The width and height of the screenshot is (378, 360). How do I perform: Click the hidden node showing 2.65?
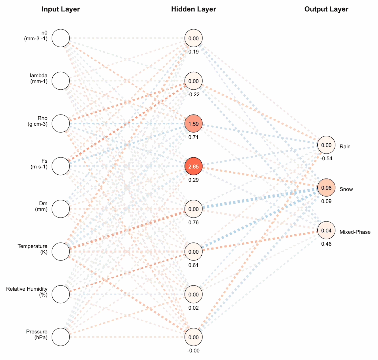point(193,166)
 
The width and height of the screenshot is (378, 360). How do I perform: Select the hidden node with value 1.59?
point(193,124)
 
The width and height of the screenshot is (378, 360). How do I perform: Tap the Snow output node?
point(326,188)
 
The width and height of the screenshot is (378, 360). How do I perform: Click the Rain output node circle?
point(326,145)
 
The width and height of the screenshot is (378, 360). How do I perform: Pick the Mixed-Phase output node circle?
point(326,231)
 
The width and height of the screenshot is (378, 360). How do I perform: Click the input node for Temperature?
point(61,251)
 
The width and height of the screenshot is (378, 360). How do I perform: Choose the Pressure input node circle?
point(61,337)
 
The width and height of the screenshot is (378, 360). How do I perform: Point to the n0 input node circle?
point(61,38)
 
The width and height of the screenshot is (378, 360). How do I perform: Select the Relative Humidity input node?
point(61,294)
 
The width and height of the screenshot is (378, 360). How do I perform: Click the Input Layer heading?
point(61,9)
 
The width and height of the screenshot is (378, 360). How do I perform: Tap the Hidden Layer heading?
point(193,9)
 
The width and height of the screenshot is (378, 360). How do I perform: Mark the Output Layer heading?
point(326,9)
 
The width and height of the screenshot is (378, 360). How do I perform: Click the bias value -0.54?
point(326,158)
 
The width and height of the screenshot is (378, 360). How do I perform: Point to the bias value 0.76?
point(193,222)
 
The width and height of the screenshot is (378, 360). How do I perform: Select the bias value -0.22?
point(193,94)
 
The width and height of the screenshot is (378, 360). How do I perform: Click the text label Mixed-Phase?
point(355,232)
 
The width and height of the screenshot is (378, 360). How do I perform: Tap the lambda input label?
point(39,78)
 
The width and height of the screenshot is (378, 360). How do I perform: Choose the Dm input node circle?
point(61,209)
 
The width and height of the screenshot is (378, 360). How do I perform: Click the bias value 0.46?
point(326,244)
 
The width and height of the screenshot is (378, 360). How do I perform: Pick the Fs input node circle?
point(61,166)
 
